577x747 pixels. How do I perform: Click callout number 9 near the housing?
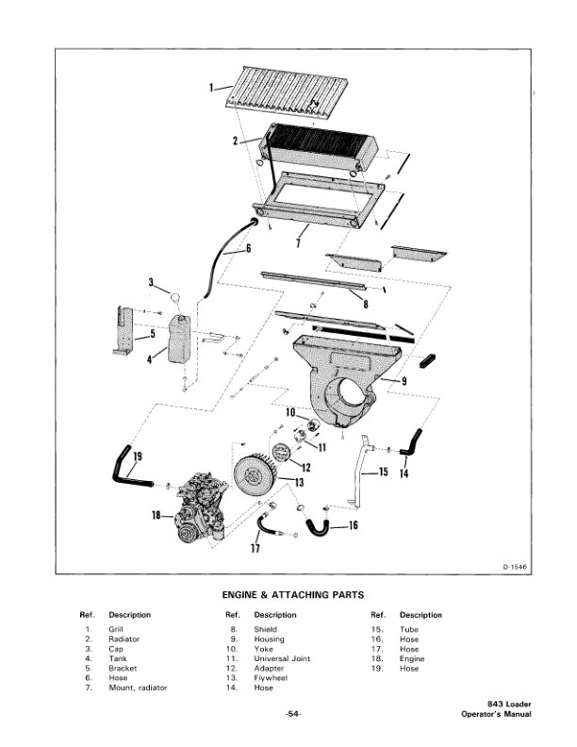(404, 380)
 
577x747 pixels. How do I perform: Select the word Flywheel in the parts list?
(270, 678)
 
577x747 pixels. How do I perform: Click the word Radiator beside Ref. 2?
(124, 639)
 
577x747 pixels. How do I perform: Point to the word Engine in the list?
(412, 658)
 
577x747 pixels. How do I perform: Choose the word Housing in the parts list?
(268, 639)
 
